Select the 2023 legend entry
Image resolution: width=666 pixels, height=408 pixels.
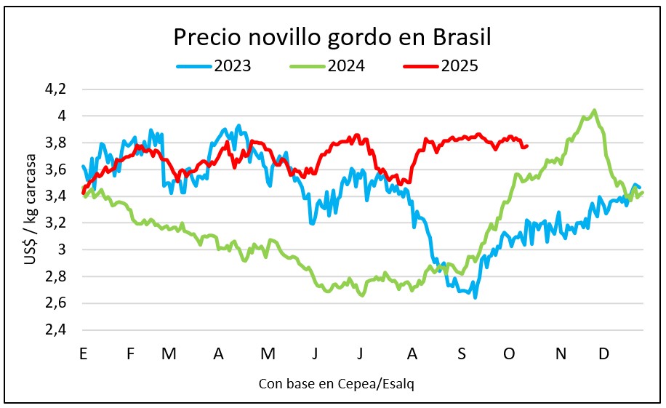(214, 66)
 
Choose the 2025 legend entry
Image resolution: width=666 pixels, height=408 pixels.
(441, 66)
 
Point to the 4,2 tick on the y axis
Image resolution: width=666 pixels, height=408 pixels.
(56, 89)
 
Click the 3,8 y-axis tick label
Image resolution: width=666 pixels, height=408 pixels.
(56, 143)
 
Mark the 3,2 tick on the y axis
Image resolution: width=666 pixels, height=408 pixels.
(56, 223)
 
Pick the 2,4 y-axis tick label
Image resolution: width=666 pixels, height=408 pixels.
(56, 329)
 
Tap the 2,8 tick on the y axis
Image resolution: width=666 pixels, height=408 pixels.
(56, 276)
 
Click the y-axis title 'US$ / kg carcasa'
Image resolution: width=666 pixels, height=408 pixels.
(30, 209)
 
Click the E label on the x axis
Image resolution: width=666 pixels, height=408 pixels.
(84, 353)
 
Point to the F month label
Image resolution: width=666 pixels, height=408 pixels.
(131, 353)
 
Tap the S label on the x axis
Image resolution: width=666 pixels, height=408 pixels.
(461, 353)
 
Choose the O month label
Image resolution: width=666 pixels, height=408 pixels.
(509, 353)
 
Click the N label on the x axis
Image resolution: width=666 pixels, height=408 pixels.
(561, 353)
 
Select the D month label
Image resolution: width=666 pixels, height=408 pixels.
(603, 353)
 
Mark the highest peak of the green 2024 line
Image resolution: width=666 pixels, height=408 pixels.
(595, 111)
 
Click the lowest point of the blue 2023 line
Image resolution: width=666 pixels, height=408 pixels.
(476, 297)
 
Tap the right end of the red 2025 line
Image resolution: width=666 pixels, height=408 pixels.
(527, 145)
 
